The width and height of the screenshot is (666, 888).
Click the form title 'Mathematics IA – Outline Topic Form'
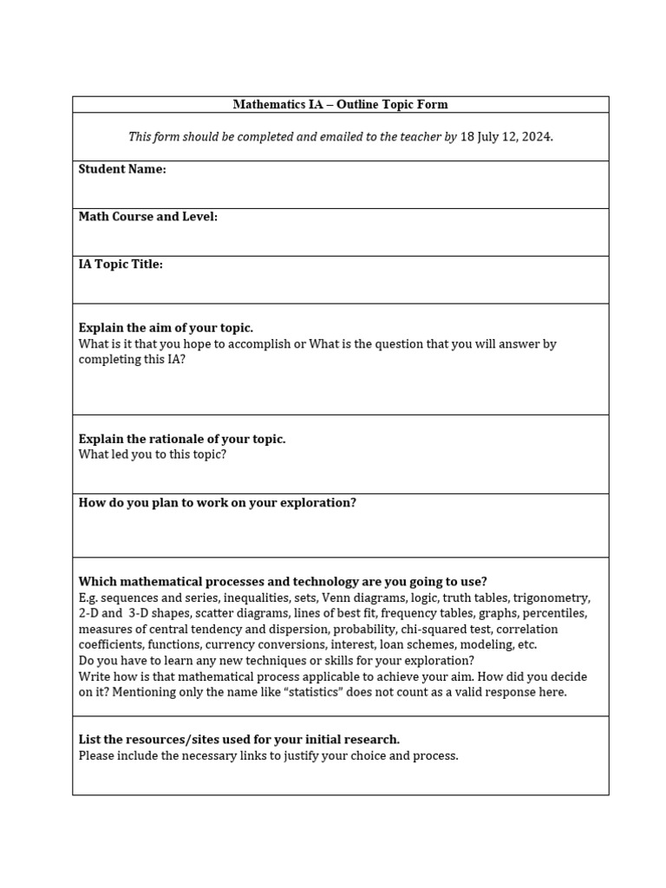coord(340,105)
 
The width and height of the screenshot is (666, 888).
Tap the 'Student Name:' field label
coord(122,169)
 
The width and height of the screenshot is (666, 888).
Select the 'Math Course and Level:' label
coord(148,217)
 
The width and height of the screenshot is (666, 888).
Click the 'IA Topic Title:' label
coord(121,264)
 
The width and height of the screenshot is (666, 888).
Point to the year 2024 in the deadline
coord(537,137)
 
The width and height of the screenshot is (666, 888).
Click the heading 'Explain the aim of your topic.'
coord(166,328)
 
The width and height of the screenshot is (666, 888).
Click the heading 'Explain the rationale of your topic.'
coord(182,439)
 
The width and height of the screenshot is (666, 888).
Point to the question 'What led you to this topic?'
coord(153,454)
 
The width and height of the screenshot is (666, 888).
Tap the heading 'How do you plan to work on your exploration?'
coord(218,503)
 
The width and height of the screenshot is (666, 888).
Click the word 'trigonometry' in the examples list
coord(551,598)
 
